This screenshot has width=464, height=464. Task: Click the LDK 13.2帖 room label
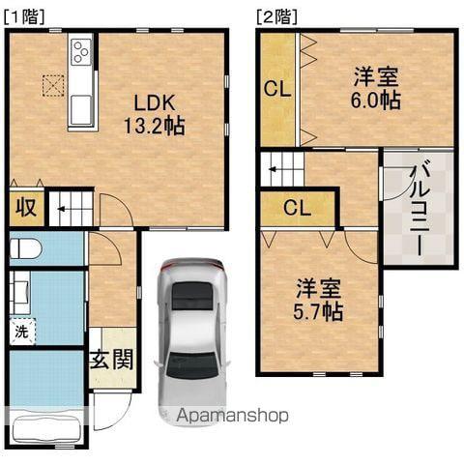click(155, 114)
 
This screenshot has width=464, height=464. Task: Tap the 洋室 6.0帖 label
click(376, 88)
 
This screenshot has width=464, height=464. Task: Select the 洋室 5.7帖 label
click(318, 300)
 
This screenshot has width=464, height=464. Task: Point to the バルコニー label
click(420, 211)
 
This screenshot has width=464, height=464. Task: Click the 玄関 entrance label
click(111, 360)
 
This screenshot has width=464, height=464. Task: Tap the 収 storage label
click(26, 208)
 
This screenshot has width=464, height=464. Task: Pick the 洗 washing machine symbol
click(21, 332)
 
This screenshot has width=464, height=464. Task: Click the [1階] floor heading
click(24, 16)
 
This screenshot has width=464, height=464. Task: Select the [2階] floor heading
click(276, 16)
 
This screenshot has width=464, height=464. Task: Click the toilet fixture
click(26, 248)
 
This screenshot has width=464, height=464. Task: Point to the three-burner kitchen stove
click(80, 51)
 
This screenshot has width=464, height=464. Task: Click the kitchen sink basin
click(80, 109)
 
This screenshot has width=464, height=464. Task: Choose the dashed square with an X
click(53, 85)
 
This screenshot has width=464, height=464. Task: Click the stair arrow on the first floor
click(65, 210)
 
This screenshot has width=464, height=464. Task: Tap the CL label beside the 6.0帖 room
click(277, 89)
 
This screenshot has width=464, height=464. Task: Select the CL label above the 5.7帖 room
click(297, 208)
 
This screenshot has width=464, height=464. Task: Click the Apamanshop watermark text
click(232, 416)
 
